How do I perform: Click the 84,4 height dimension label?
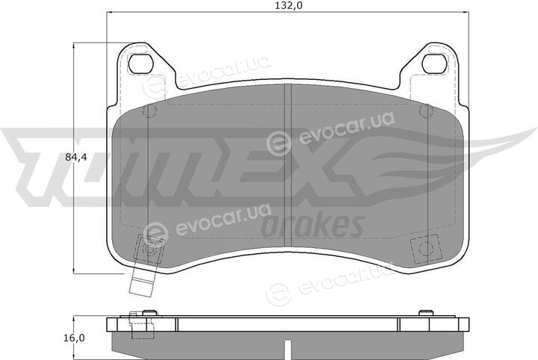tap(76, 158)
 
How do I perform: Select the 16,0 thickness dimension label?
tap(74, 338)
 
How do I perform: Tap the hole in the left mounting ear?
tap(140, 63)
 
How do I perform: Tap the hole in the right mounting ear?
tap(435, 63)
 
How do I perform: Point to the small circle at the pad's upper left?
tap(149, 111)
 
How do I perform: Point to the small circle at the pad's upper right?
tap(426, 111)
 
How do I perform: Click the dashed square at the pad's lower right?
tap(425, 248)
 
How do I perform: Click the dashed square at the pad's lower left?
tap(149, 249)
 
